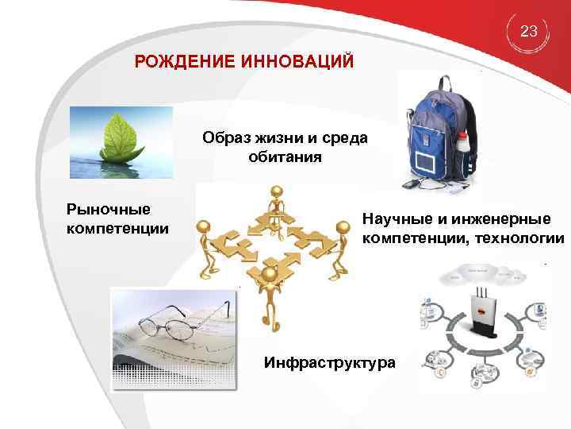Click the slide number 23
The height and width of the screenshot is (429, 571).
[529, 32]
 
